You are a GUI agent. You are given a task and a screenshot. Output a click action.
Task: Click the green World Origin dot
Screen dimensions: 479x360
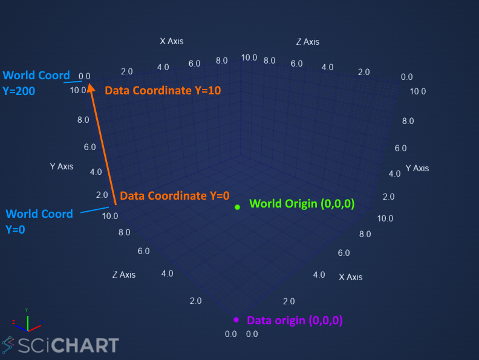point(237,207)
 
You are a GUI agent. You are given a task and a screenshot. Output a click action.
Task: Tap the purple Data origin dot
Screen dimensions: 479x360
point(236,319)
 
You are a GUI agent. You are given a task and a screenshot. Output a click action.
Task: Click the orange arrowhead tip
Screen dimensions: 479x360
point(91,83)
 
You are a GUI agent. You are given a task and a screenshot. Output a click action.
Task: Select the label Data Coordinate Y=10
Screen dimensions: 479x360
point(163,91)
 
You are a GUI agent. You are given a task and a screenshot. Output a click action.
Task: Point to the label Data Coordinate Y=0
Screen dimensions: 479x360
point(174,195)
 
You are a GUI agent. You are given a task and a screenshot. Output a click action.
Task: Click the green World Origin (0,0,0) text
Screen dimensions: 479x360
point(302,203)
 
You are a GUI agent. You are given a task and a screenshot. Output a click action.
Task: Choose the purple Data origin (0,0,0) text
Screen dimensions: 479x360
point(295,320)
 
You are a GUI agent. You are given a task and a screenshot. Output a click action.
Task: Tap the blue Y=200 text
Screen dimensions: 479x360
point(19,91)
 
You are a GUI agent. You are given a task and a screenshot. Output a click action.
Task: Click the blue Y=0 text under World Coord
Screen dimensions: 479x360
point(15,229)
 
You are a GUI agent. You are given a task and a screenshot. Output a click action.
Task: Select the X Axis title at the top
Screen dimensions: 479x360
point(172,41)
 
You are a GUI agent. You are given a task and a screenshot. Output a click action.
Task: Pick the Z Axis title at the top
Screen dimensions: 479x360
point(308,42)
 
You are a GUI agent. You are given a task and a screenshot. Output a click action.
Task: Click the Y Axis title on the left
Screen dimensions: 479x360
point(62,166)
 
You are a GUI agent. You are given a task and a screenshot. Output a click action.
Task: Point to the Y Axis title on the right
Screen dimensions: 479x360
point(417,168)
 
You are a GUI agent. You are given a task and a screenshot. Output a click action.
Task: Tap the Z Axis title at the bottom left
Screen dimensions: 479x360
point(124,275)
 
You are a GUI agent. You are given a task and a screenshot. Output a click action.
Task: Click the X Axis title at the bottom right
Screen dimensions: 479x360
point(351,277)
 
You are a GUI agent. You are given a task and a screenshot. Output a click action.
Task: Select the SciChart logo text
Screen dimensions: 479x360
point(68,345)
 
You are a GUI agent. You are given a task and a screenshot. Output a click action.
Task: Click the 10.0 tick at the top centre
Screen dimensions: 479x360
point(249,57)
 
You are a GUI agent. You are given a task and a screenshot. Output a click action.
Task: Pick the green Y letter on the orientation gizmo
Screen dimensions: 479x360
point(26,310)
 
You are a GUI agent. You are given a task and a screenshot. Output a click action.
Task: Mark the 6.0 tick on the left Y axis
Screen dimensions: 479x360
point(90,147)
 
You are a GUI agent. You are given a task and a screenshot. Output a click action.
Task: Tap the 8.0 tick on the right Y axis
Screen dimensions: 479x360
point(408,121)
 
